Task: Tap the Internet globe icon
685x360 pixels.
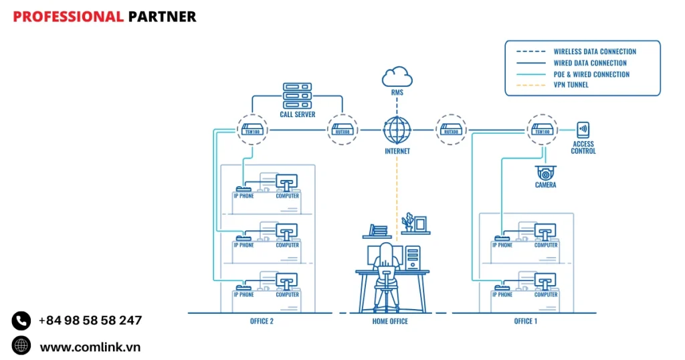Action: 397,128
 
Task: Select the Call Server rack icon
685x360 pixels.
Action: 297,96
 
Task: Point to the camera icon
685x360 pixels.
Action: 545,172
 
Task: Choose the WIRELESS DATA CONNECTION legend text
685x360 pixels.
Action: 595,52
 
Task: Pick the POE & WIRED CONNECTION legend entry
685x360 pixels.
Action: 591,74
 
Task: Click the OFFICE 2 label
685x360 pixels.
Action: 262,321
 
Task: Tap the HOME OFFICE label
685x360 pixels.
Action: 390,321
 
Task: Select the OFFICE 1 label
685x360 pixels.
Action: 525,321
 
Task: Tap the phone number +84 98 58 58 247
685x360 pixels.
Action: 90,321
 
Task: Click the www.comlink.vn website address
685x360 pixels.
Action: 90,347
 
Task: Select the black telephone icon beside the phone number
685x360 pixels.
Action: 21,321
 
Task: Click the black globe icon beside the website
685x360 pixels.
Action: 21,346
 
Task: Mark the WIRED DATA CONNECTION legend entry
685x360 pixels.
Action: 590,63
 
